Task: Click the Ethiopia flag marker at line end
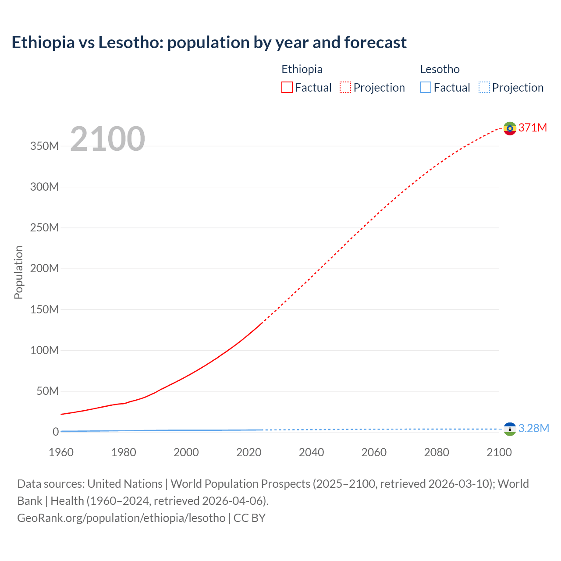tap(509, 128)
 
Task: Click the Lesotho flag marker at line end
tap(509, 429)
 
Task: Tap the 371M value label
tap(533, 128)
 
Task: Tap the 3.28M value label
tap(533, 428)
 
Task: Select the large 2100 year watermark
tap(107, 139)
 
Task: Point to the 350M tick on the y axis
tap(44, 146)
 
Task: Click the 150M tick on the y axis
tap(44, 309)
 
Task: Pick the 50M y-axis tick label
tap(47, 391)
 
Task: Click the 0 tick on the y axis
tap(55, 432)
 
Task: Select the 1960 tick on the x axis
tap(61, 452)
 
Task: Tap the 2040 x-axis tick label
tap(311, 452)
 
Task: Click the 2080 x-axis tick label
tap(437, 452)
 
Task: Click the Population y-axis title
tap(18, 272)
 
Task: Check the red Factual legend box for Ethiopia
tap(287, 87)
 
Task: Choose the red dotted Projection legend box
tap(345, 87)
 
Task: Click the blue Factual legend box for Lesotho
tap(426, 87)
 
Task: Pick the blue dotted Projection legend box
tap(484, 87)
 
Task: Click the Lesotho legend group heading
tap(440, 69)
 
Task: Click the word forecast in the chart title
tap(375, 43)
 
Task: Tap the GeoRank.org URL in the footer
tap(121, 518)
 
